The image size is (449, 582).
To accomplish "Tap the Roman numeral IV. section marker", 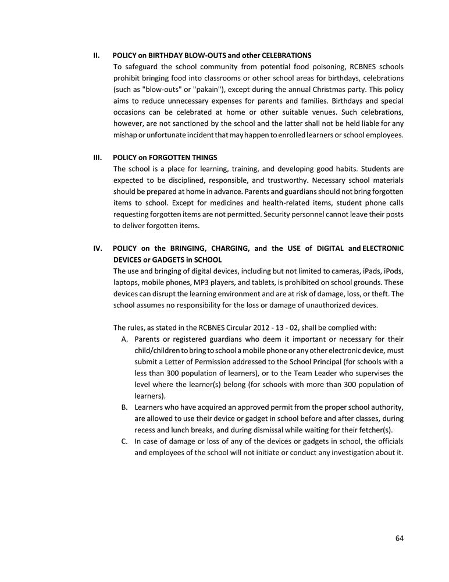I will click(x=98, y=248).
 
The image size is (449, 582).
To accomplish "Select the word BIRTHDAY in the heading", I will click(x=169, y=55).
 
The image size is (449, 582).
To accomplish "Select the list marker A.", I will click(x=124, y=339).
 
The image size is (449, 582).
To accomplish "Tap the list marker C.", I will click(x=124, y=441).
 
